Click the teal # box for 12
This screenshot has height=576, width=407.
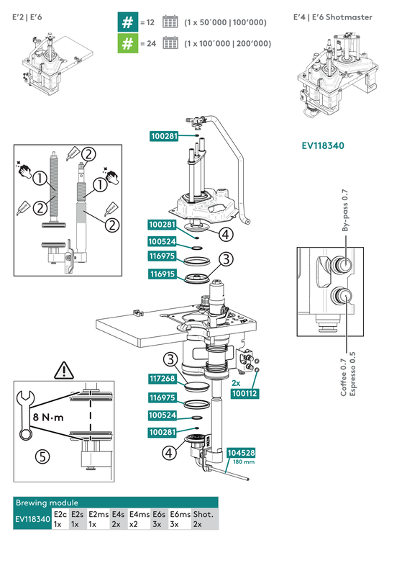(127, 22)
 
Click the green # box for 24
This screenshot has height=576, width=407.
(127, 44)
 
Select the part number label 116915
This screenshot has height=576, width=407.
(164, 274)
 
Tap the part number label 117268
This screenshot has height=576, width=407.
(164, 379)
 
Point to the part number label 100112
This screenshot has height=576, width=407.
(245, 393)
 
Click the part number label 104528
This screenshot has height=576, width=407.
(240, 453)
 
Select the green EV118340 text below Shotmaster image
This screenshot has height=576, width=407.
(323, 146)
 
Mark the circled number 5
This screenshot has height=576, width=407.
(42, 456)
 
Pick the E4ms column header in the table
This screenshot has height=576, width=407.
(138, 515)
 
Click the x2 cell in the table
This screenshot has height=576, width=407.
(133, 525)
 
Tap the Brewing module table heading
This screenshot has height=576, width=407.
(47, 503)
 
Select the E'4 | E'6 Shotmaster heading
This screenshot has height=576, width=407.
(333, 17)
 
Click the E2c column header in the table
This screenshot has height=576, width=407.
(60, 515)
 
